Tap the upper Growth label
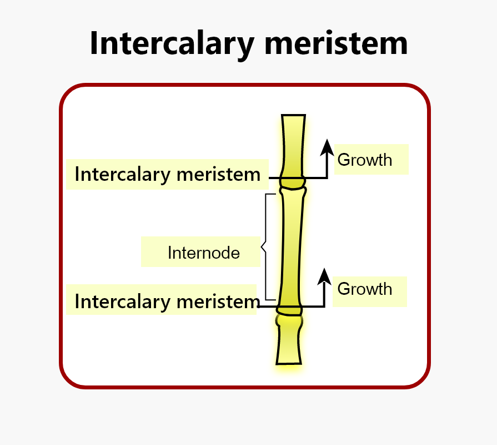pyautogui.click(x=365, y=160)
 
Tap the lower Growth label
pyautogui.click(x=364, y=289)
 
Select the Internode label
pyautogui.click(x=204, y=253)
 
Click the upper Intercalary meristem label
pyautogui.click(x=167, y=174)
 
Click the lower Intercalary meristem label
pyautogui.click(x=167, y=301)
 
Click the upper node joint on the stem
pyautogui.click(x=293, y=182)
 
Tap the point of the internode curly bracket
pyautogui.click(x=262, y=249)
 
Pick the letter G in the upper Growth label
pyautogui.click(x=344, y=160)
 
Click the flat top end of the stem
pyautogui.click(x=293, y=116)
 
